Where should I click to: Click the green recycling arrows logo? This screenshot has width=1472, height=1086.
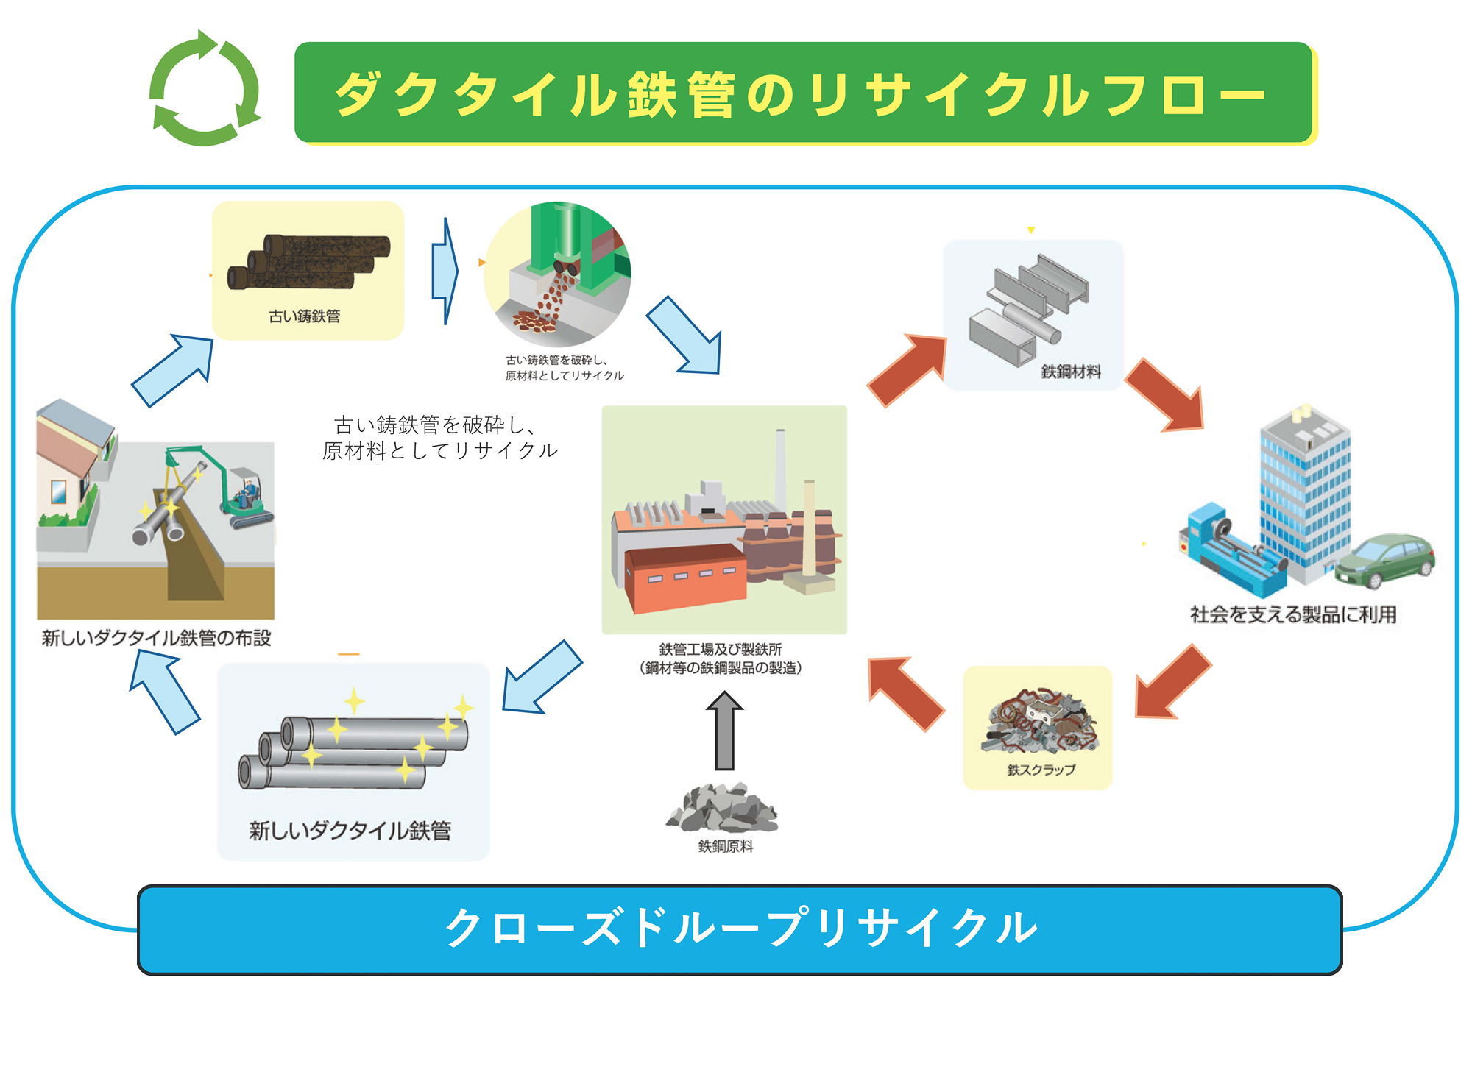pyautogui.click(x=205, y=89)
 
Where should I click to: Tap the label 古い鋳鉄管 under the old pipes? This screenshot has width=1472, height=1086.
pyautogui.click(x=304, y=316)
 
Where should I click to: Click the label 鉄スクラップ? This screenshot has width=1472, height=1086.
pyautogui.click(x=1041, y=770)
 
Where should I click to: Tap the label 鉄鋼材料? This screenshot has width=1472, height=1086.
pyautogui.click(x=1071, y=372)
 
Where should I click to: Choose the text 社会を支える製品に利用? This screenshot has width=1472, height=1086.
pyautogui.click(x=1293, y=614)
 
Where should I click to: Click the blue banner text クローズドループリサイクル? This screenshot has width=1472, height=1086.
pyautogui.click(x=740, y=929)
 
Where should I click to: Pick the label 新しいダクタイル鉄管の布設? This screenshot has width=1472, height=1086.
pyautogui.click(x=156, y=638)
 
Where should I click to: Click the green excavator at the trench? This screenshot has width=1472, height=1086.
pyautogui.click(x=236, y=486)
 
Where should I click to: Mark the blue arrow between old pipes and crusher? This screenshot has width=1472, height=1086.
pyautogui.click(x=445, y=271)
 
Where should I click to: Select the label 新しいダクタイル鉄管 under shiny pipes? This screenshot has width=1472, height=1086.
pyautogui.click(x=350, y=831)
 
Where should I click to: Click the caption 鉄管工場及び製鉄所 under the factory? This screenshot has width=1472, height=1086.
pyautogui.click(x=721, y=649)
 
